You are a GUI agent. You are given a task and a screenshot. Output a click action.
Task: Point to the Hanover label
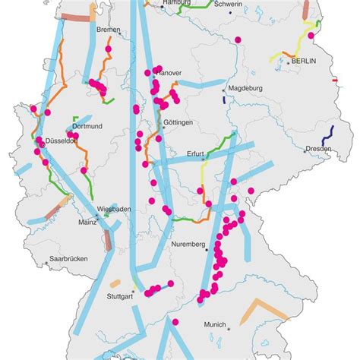pyautogui.click(x=169, y=73)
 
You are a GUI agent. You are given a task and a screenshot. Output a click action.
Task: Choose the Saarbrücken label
pyautogui.click(x=68, y=259)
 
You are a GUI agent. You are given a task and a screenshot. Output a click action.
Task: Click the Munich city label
pyautogui.click(x=214, y=324)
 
